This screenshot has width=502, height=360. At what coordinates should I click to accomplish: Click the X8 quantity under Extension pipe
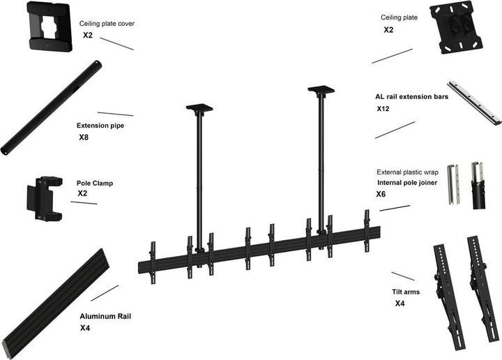pyautogui.click(x=84, y=138)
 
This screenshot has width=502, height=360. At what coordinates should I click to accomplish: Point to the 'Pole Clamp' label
pyautogui.click(x=95, y=183)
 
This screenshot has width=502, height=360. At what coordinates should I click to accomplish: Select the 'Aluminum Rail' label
pyautogui.click(x=105, y=316)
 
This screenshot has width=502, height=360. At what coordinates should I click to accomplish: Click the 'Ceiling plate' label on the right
pyautogui.click(x=400, y=17)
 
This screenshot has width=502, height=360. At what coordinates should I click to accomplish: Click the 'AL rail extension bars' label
pyautogui.click(x=411, y=97)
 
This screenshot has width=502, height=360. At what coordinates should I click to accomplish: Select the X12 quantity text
pyautogui.click(x=383, y=110)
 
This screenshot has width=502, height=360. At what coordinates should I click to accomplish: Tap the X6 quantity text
pyautogui.click(x=381, y=194)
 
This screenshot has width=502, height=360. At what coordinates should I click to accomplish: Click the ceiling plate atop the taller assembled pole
pyautogui.click(x=321, y=89)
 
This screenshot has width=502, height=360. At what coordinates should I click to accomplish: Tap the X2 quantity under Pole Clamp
pyautogui.click(x=82, y=193)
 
